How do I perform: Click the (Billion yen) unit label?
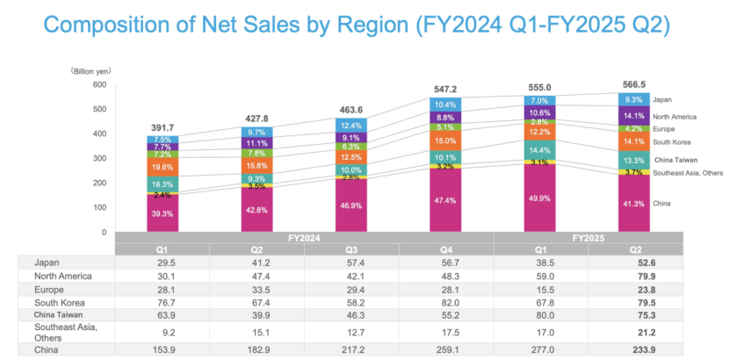[x=91, y=69]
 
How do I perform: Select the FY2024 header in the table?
[x=302, y=237]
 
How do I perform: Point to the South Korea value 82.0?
[x=445, y=300]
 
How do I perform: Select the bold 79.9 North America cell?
[x=635, y=275]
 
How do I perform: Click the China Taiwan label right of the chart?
[x=677, y=160]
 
